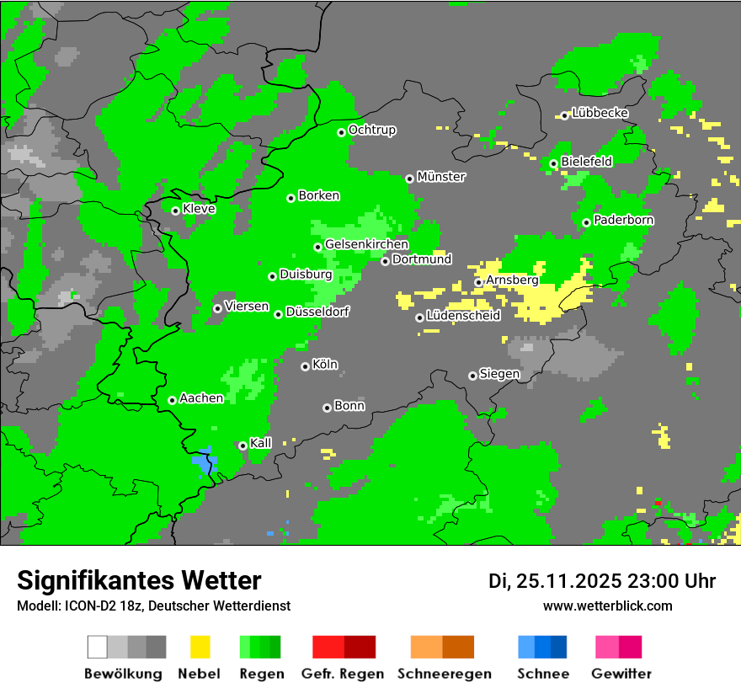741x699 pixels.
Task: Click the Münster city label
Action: pos(441,177)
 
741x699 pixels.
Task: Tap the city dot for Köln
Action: pos(305,366)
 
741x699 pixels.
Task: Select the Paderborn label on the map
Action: pos(624,220)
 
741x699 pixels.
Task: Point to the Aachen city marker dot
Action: pos(172,400)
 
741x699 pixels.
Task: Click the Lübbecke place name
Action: pos(600,113)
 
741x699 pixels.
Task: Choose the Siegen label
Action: pos(500,374)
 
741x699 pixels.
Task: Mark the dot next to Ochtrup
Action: pos(341,131)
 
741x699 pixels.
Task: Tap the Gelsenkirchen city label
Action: pos(366,244)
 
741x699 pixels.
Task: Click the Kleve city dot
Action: pos(175,211)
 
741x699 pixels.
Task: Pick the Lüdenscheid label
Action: pos(464,316)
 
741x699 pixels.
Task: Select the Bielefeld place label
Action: pos(587,161)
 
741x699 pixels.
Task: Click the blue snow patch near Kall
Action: pos(204,464)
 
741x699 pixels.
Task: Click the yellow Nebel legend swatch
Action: pos(200,647)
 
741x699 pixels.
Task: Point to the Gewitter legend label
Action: pos(621,674)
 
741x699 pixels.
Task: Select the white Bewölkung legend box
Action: pos(98,647)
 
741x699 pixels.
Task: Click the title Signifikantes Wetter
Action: pos(139,580)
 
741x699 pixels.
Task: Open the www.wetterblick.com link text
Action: pos(607,606)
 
